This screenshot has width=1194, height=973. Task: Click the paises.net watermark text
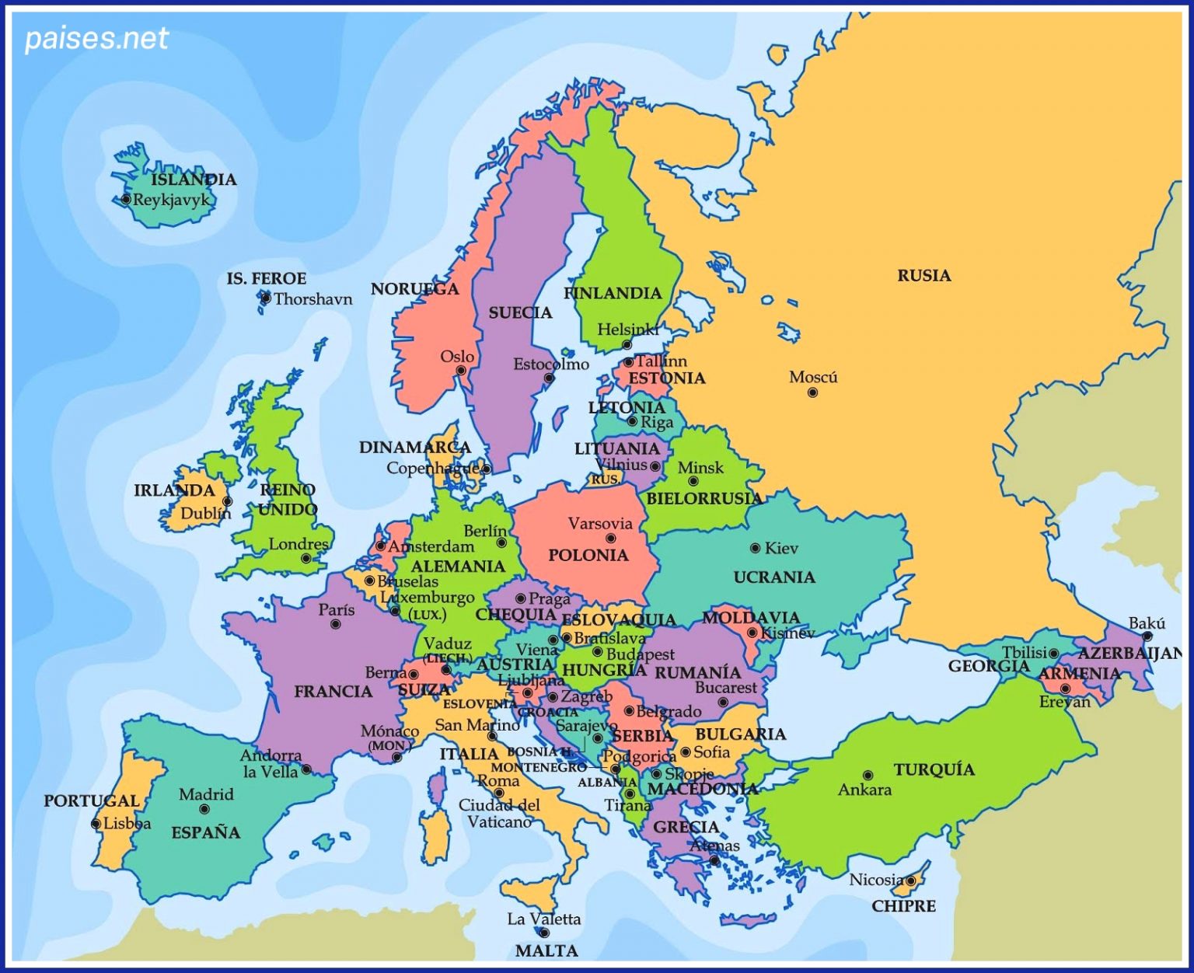[96, 38]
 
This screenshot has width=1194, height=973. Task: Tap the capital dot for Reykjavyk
[126, 199]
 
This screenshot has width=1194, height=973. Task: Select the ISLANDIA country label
[194, 180]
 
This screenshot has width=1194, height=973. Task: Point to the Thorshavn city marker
[266, 298]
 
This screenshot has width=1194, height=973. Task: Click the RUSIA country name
[923, 275]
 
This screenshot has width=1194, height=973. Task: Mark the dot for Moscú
[812, 392]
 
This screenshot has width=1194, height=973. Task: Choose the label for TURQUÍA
[934, 769]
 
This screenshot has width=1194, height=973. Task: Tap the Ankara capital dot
[868, 775]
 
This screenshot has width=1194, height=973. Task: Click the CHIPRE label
[903, 905]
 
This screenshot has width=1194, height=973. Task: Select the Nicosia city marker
[910, 881]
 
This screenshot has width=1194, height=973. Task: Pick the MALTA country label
[546, 950]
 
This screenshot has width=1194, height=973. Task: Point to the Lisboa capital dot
[96, 824]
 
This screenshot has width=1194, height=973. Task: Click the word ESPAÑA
[205, 832]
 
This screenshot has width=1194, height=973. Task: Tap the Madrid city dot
[204, 809]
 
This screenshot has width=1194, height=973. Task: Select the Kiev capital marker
[755, 548]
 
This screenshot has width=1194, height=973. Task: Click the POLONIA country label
[588, 555]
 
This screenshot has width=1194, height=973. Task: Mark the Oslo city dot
[461, 370]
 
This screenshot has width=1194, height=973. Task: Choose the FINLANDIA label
[613, 293]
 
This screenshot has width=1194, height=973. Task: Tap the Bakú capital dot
[1147, 636]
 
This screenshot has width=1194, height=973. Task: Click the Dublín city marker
[227, 501]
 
